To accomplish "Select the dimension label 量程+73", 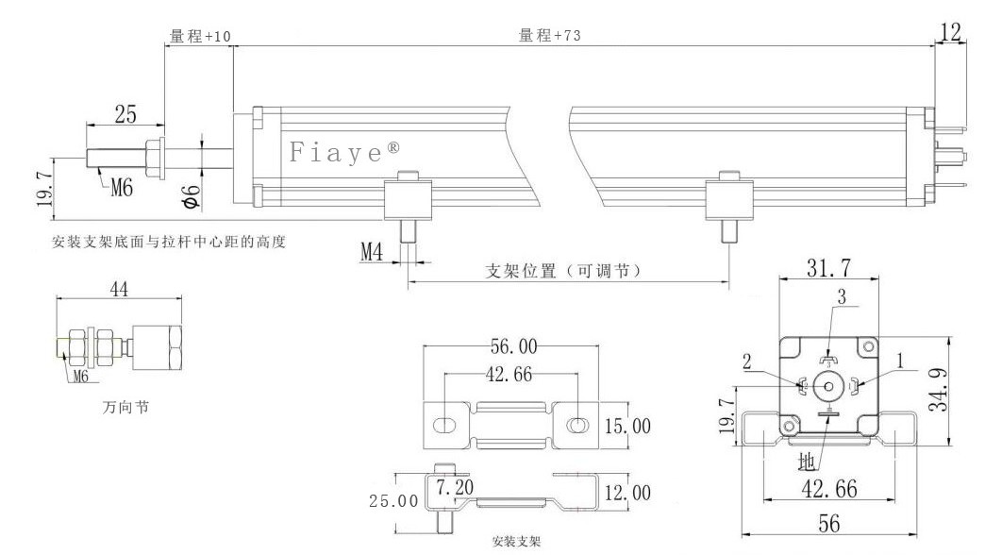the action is tap(550, 36).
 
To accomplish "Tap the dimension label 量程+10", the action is tap(200, 36).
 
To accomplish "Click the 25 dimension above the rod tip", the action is tap(125, 114).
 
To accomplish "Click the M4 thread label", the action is tap(374, 252).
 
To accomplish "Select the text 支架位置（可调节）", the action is tap(564, 271).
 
